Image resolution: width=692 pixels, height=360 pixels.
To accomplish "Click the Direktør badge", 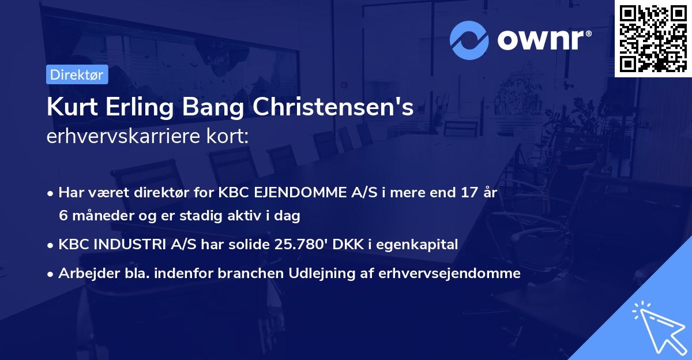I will (77, 74).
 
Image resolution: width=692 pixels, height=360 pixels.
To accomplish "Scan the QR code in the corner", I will (653, 38).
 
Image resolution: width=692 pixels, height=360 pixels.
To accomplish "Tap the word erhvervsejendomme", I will (450, 273).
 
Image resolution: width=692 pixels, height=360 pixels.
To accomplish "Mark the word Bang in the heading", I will (225, 108).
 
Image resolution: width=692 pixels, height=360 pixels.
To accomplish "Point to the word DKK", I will (346, 244).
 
